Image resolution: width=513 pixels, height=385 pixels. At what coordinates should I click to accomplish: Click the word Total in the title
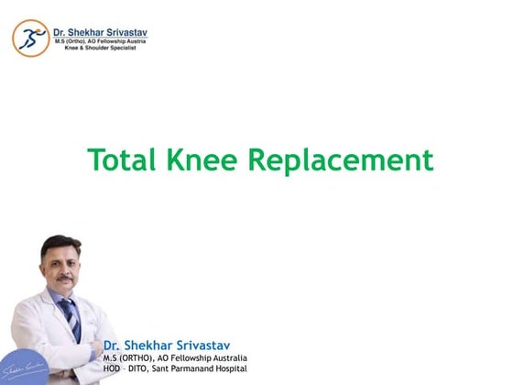click(x=122, y=160)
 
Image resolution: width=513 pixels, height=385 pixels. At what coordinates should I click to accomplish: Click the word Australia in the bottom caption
click(x=226, y=357)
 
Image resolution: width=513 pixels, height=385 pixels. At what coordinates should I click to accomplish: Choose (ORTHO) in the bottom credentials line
click(x=131, y=357)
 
